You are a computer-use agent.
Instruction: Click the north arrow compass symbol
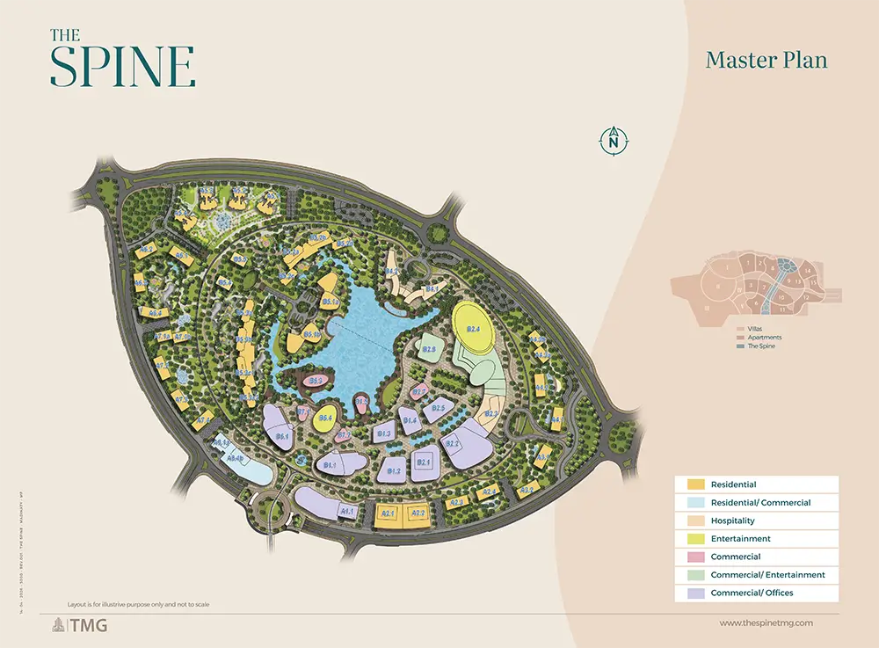coord(614,141)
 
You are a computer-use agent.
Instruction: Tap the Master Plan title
coord(766,61)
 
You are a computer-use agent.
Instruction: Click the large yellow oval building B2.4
coord(473,329)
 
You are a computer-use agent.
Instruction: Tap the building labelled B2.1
coord(423,462)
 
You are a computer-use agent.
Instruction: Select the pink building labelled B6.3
coord(318,381)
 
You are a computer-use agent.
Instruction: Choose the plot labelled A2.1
coord(388,514)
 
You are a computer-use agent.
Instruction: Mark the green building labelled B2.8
coord(429,349)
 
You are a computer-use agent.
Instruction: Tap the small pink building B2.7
coord(419,393)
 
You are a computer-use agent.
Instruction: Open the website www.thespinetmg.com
coord(766,623)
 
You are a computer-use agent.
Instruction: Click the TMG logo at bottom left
coord(71,625)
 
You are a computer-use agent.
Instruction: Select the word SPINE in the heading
coord(122,66)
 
